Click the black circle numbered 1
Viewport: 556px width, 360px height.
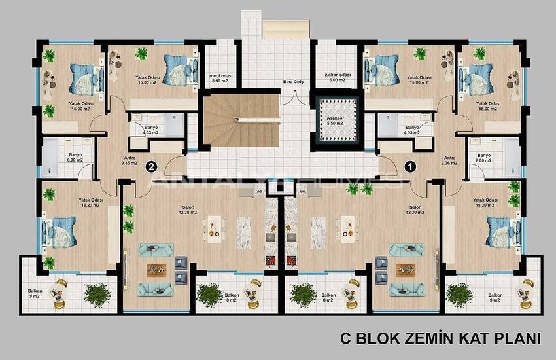410,166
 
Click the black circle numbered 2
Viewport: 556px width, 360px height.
151,166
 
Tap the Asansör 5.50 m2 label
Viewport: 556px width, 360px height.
336,120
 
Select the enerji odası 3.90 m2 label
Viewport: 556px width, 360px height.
220,79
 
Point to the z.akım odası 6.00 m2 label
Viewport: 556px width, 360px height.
338,78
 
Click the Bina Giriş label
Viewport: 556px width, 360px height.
293,82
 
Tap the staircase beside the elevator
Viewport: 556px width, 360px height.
242,120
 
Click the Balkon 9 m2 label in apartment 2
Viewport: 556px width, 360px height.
35,293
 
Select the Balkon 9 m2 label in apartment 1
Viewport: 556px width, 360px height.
495,298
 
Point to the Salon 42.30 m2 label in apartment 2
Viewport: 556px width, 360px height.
188,210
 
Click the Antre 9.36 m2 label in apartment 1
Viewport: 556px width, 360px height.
449,160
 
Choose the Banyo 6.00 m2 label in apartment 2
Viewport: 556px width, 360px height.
75,158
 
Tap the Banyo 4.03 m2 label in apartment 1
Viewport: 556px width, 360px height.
412,130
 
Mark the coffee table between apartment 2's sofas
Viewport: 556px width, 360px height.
156,270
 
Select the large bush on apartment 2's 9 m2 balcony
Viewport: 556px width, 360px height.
97,295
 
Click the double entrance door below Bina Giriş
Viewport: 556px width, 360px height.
294,98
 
